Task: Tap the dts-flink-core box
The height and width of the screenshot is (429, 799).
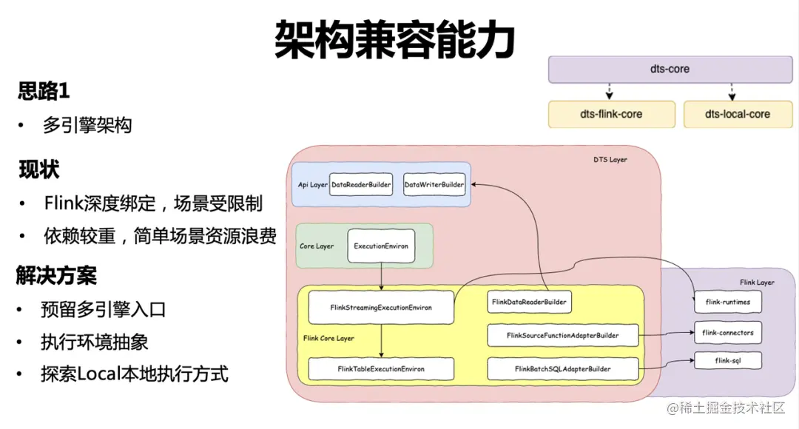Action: pos(611,115)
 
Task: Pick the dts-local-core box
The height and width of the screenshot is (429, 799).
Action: pos(737,115)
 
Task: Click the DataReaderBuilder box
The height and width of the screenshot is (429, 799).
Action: pos(361,184)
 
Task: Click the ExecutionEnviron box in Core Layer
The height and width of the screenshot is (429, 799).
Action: pos(381,246)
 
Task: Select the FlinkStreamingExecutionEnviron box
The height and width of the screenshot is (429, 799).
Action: pos(380,307)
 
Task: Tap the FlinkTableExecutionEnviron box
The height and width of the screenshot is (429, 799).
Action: pos(380,368)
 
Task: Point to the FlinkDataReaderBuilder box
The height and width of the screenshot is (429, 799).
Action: pos(529,302)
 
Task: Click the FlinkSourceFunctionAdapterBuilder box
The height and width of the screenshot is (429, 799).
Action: pos(562,335)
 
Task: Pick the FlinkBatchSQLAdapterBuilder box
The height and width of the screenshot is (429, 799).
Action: pos(562,368)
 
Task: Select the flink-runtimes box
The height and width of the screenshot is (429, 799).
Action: pos(727,302)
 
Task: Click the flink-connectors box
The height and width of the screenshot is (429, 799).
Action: pos(727,333)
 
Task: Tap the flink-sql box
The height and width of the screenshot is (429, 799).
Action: pos(727,362)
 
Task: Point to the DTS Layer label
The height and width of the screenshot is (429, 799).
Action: pos(610,160)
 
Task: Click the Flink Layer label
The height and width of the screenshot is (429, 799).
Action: pos(757,283)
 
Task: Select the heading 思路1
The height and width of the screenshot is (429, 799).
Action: pos(44,92)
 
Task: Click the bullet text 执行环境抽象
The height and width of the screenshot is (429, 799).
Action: pos(95,342)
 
